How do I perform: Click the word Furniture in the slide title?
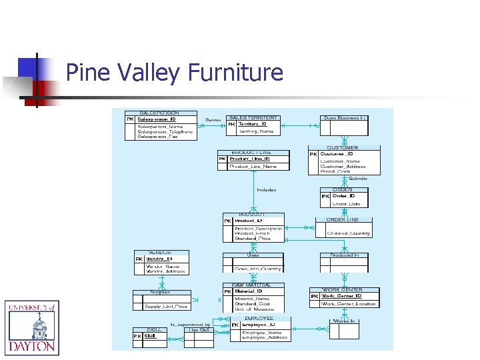tap(235, 71)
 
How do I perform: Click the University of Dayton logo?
tap(31, 327)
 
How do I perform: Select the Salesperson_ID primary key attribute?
tap(157, 119)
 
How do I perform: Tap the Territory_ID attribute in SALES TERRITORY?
tap(253, 124)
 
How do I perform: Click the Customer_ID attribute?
tap(336, 154)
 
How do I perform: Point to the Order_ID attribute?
tap(344, 196)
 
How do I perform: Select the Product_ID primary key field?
tap(249, 220)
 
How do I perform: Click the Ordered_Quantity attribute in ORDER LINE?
tap(349, 233)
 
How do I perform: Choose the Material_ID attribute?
tap(249, 291)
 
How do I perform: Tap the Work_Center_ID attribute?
tap(342, 296)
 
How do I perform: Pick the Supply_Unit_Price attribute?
tap(166, 307)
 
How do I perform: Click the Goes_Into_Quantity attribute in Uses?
tap(257, 269)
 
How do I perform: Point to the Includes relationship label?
tap(266, 190)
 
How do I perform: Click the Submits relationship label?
tap(358, 179)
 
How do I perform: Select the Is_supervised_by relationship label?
tap(190, 325)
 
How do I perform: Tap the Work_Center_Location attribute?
tap(349, 304)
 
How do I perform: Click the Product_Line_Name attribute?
tap(253, 167)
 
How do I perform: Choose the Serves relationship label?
tap(213, 120)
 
